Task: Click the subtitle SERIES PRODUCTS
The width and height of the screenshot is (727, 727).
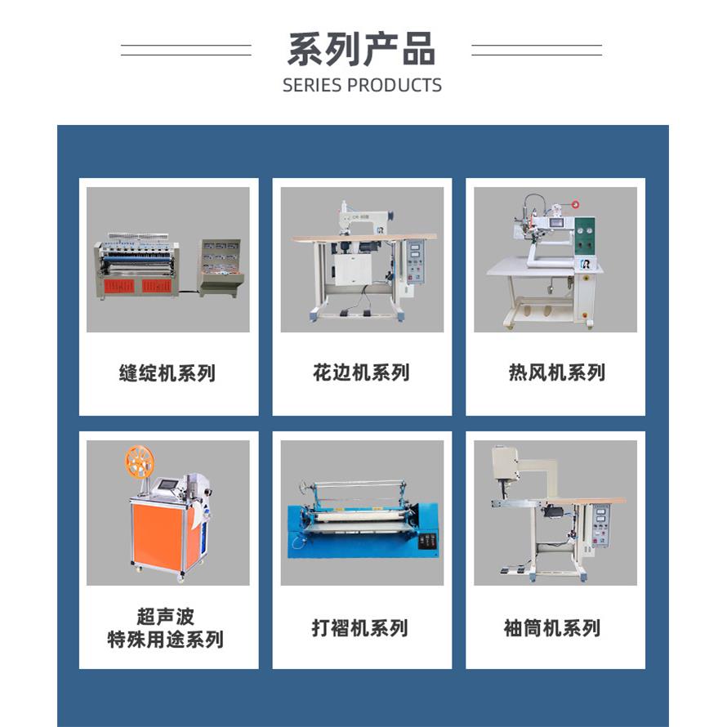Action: point(362,85)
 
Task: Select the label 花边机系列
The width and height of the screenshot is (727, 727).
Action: point(361,373)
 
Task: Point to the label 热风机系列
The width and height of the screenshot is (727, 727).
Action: point(556,373)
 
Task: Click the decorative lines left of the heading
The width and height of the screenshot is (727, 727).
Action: point(186,50)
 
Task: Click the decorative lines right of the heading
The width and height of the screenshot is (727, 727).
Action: point(537,50)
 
